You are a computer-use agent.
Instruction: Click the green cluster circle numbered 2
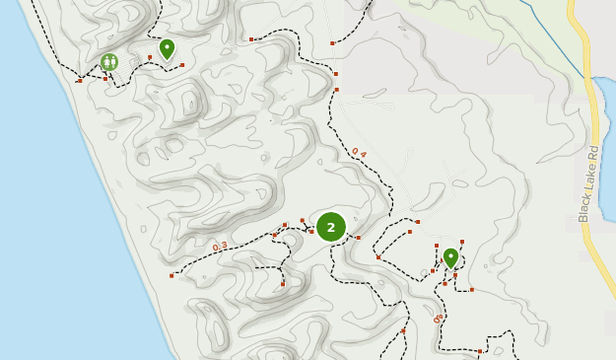(x=330, y=227)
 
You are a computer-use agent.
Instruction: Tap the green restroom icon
(x=108, y=62)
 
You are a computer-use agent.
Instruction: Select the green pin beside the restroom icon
(x=167, y=47)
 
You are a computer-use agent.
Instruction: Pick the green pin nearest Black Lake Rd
(x=450, y=257)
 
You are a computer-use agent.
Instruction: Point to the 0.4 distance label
(x=358, y=152)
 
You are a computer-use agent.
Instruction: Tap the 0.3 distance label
(x=219, y=246)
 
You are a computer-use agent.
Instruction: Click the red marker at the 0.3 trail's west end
(x=171, y=275)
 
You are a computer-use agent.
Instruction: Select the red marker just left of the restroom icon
(x=105, y=78)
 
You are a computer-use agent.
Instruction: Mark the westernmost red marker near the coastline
(x=80, y=80)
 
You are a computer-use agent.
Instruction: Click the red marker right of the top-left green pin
(x=182, y=65)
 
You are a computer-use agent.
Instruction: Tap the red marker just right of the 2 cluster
(x=358, y=238)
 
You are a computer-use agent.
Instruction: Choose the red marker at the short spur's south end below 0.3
(x=283, y=284)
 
